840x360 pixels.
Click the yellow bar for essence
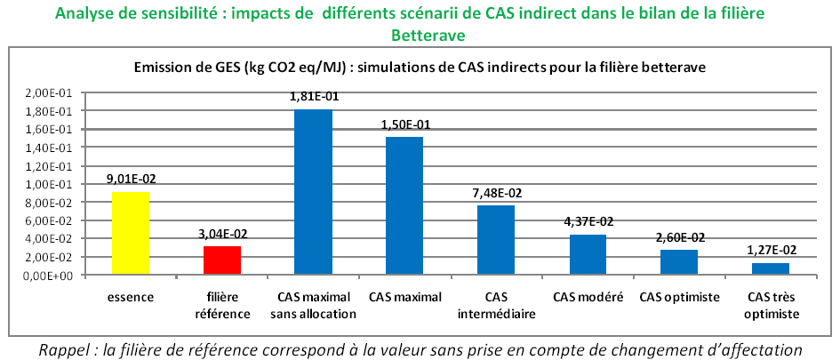click(130, 233)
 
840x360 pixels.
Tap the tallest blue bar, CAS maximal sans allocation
click(313, 192)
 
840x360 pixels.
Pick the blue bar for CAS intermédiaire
click(496, 240)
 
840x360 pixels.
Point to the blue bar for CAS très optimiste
click(770, 268)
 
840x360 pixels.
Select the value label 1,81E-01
click(313, 99)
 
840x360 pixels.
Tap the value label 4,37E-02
click(588, 222)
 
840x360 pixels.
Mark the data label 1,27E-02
click(770, 251)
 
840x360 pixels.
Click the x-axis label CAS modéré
click(588, 297)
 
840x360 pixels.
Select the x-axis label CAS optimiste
click(679, 297)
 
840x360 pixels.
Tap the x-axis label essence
click(130, 297)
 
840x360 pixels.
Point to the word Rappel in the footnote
click(61, 349)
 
